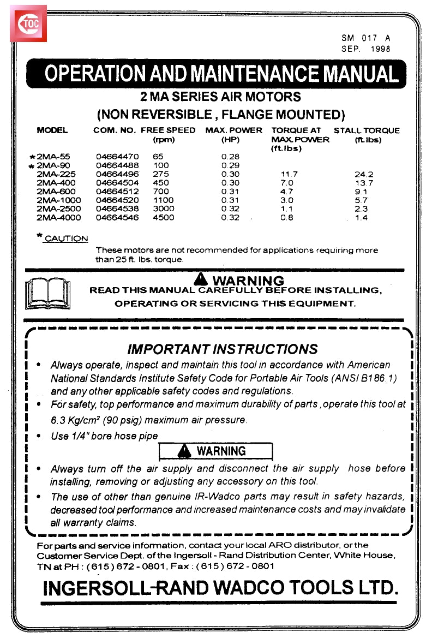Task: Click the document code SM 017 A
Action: pyautogui.click(x=365, y=38)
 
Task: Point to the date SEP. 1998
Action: pyautogui.click(x=365, y=49)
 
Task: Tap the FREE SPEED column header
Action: pyautogui.click(x=167, y=130)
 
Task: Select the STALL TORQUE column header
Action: pyautogui.click(x=367, y=130)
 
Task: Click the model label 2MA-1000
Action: pyautogui.click(x=58, y=200)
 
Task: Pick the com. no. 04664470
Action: pyautogui.click(x=117, y=156)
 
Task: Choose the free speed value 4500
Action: pyautogui.click(x=164, y=217)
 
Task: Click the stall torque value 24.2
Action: pyautogui.click(x=363, y=174)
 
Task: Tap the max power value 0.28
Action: pyautogui.click(x=230, y=156)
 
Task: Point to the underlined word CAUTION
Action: pyautogui.click(x=66, y=238)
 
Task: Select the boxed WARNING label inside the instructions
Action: pyautogui.click(x=215, y=451)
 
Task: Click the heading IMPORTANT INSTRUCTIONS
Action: pyautogui.click(x=222, y=349)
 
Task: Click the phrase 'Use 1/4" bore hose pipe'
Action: pyautogui.click(x=104, y=436)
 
